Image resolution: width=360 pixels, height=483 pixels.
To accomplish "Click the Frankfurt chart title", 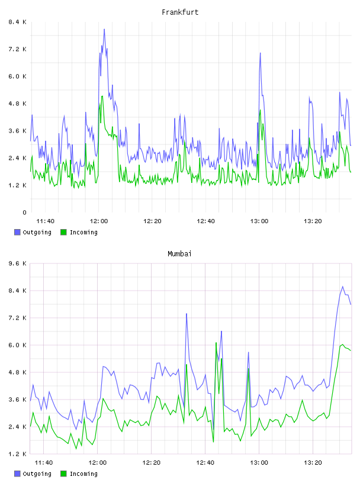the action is [x=180, y=12].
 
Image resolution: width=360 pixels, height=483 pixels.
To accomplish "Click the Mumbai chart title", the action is [x=179, y=254].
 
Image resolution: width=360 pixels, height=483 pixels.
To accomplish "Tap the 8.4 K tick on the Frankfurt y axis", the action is [x=18, y=22].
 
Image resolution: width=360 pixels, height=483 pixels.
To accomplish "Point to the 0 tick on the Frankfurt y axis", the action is [x=25, y=212].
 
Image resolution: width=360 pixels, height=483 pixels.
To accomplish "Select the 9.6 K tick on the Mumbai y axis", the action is [x=18, y=263].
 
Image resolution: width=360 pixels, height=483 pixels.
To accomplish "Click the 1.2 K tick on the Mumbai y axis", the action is [x=18, y=454].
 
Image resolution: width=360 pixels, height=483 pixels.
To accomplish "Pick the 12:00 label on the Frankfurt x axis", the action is [x=99, y=221].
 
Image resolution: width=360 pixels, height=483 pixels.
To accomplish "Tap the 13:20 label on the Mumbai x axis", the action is [x=313, y=462].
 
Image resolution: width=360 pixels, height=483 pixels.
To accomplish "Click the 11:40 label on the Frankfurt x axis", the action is [x=46, y=221].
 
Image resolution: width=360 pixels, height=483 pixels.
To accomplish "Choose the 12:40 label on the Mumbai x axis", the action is [x=205, y=462].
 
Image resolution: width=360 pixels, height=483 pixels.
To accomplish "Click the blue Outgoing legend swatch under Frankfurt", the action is [x=17, y=232].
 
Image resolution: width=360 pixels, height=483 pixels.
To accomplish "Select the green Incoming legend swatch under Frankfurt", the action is [x=63, y=232].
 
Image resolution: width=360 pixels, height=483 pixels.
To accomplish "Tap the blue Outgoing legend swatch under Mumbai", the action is [x=17, y=474].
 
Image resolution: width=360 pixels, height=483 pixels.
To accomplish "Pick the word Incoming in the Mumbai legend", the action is [x=83, y=474].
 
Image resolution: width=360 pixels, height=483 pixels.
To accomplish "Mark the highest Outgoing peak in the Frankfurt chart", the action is [x=104, y=30].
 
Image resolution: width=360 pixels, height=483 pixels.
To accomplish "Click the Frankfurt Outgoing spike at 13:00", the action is [x=260, y=53].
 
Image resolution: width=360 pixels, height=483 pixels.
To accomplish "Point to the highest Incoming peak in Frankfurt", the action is [x=102, y=96].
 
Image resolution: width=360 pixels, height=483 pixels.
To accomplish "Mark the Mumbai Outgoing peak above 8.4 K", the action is [x=342, y=286].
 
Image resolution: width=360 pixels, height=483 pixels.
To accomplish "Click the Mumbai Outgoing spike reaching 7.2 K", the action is [x=187, y=314].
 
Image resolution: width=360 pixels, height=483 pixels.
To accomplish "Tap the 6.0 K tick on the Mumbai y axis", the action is [x=18, y=345].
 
